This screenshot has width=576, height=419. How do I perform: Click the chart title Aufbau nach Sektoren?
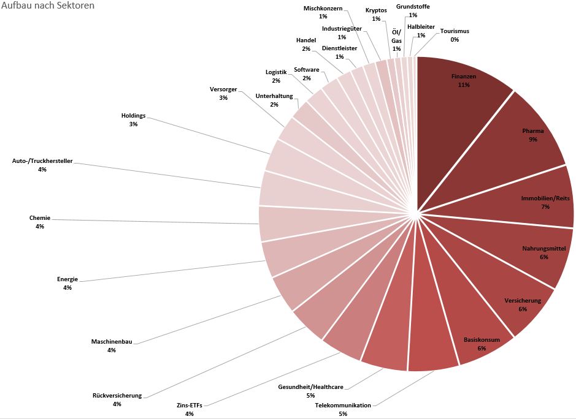[x=47, y=6]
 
